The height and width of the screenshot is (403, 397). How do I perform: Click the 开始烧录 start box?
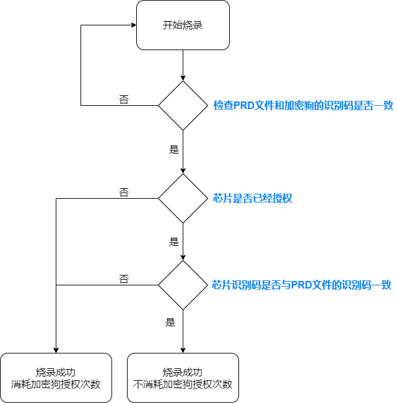[183, 25]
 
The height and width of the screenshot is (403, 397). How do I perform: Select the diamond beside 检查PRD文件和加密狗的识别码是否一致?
[183, 105]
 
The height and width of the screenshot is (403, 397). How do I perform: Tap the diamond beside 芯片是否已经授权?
[183, 198]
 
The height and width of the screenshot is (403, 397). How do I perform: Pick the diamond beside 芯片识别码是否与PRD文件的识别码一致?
[183, 285]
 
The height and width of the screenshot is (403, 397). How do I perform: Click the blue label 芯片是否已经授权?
[252, 198]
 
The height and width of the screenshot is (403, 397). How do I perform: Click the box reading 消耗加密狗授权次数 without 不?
[56, 378]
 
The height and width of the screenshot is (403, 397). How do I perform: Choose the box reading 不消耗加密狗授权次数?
[183, 378]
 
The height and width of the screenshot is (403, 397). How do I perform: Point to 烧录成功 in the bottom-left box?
[56, 372]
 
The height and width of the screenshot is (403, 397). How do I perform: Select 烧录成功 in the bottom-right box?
[183, 372]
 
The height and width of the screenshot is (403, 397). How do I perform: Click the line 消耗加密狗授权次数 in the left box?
[56, 384]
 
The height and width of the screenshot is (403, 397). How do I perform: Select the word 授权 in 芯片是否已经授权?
[282, 198]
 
